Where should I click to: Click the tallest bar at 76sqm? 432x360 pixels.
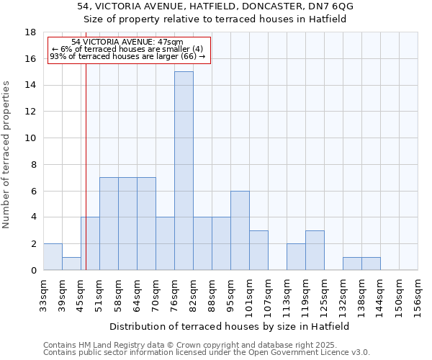pos(184,171)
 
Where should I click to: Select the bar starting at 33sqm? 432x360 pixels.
pos(53,257)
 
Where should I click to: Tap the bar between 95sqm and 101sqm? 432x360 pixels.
pos(240,230)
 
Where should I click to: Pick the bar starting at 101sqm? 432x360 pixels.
pos(258,251)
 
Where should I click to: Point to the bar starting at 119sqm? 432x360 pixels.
pos(315,251)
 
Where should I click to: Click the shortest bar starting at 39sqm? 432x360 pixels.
pos(71,264)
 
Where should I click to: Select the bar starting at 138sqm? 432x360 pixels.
pos(371,264)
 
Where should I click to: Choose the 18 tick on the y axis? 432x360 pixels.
pos(31,32)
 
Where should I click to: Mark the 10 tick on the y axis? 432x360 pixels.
pos(31,138)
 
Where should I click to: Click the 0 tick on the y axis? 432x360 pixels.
pos(33,271)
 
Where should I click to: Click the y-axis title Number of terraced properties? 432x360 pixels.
pos(6,155)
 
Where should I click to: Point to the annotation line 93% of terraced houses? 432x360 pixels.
pos(128,56)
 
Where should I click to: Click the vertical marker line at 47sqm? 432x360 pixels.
pos(86,180)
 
